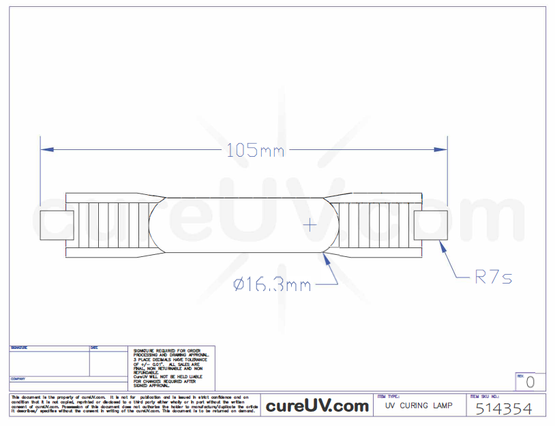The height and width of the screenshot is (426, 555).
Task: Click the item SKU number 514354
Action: click(x=503, y=408)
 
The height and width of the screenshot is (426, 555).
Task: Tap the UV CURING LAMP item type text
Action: click(x=419, y=406)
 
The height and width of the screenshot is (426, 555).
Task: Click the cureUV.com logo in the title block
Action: click(x=317, y=406)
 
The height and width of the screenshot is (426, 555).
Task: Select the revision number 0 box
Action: click(x=530, y=382)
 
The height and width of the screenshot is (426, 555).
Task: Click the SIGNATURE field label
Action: click(x=20, y=348)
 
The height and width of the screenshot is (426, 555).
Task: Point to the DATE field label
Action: click(x=94, y=348)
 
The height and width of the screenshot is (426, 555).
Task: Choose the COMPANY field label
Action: click(x=18, y=379)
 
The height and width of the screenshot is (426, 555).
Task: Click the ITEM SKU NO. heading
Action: click(x=485, y=397)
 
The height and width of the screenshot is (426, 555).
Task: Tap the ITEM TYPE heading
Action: click(x=388, y=397)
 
